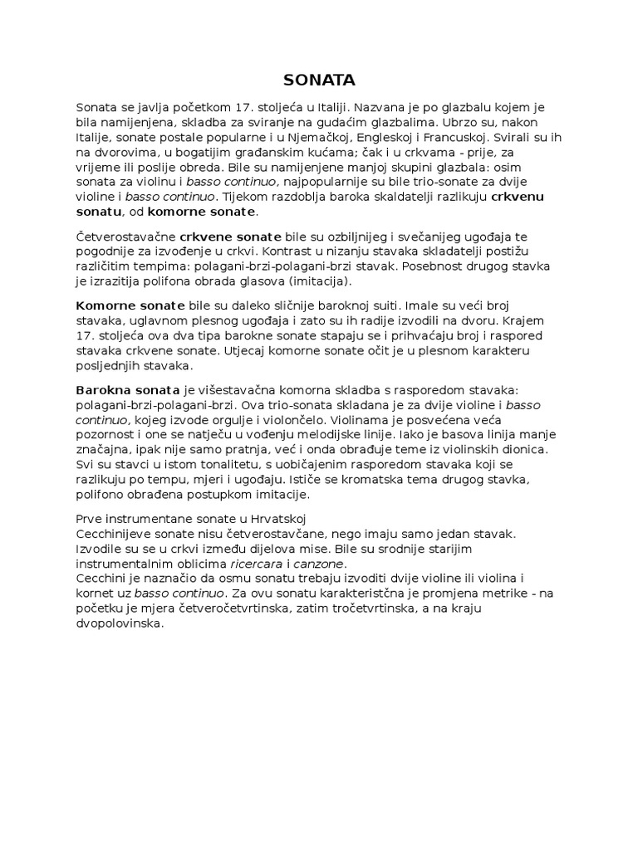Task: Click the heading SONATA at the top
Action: (319, 80)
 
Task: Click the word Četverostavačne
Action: (125, 236)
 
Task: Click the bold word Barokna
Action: (101, 390)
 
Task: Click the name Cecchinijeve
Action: (115, 533)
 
